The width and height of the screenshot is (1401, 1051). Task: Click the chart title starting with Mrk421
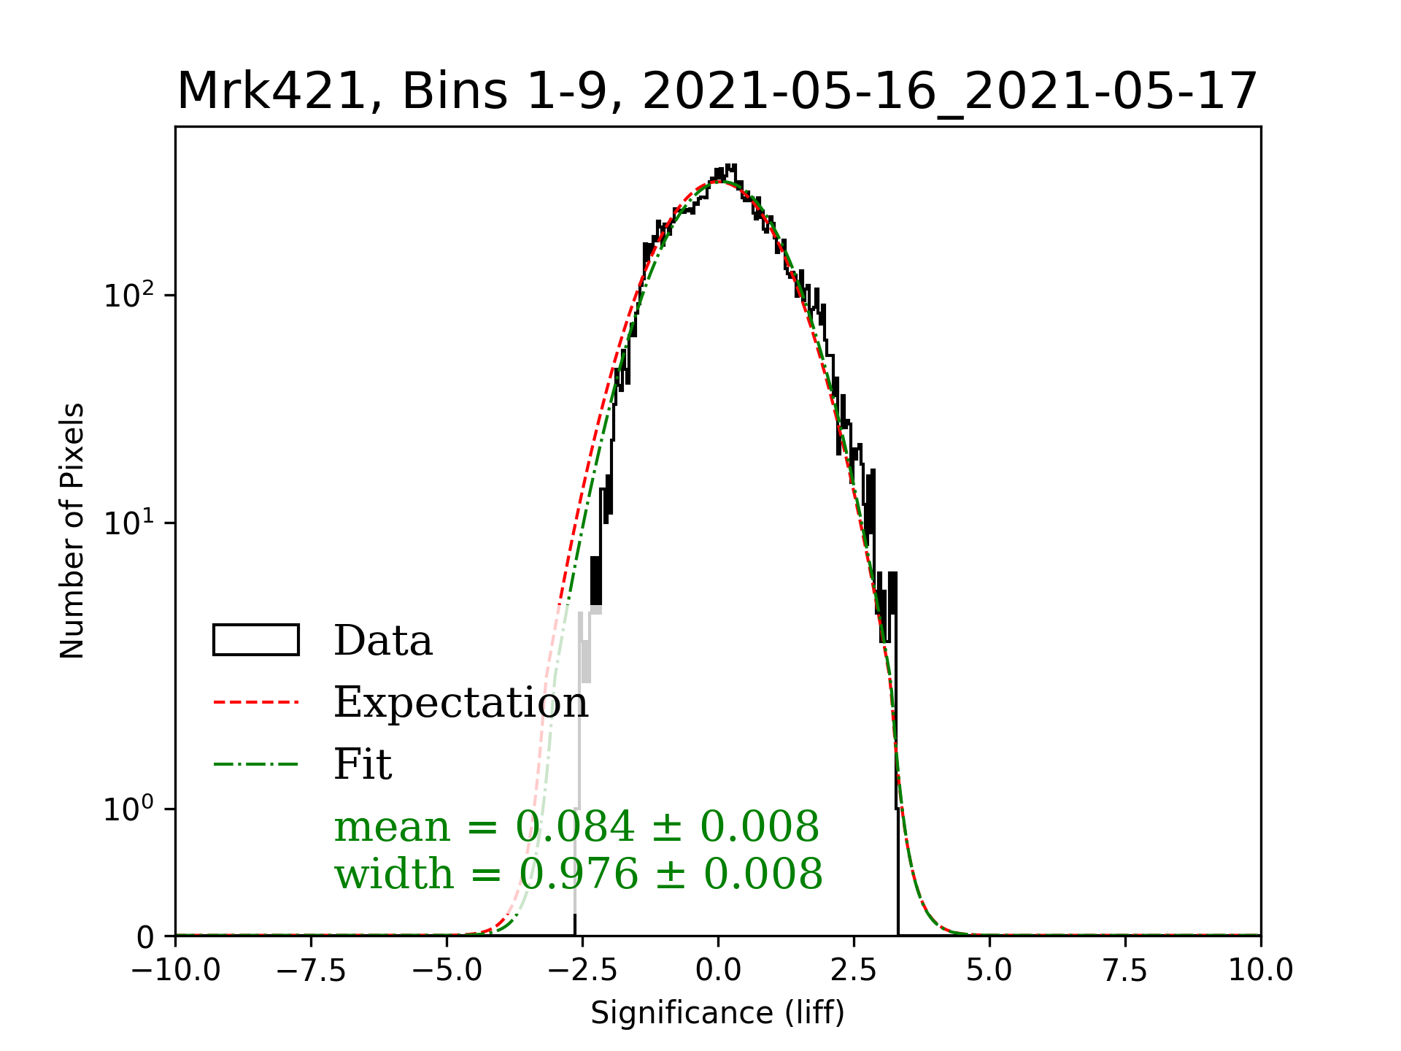point(717,92)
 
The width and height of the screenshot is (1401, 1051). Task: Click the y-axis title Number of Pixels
point(72,531)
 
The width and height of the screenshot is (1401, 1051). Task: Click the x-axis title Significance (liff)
point(717,1013)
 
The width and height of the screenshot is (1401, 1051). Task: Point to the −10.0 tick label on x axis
point(175,971)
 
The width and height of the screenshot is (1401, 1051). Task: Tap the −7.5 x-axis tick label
point(311,971)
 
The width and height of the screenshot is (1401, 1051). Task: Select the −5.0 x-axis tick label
point(447,971)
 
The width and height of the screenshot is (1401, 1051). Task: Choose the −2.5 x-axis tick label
point(582,971)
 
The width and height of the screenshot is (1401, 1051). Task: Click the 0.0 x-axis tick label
point(718,971)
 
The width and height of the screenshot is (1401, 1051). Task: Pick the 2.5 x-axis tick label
point(854,971)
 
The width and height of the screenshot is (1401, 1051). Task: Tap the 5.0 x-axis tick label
point(989,971)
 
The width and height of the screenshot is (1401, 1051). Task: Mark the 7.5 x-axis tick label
point(1125,971)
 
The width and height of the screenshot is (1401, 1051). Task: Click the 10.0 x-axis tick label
point(1261,971)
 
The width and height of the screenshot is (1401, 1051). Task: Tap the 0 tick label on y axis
point(145,937)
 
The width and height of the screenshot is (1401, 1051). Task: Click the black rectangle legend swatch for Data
point(255,640)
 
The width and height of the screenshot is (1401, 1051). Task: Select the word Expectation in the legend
point(460,702)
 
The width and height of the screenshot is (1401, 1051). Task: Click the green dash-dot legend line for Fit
point(255,764)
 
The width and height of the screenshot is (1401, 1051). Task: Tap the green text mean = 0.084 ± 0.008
point(576,827)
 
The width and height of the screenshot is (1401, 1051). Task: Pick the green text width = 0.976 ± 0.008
point(578,874)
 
